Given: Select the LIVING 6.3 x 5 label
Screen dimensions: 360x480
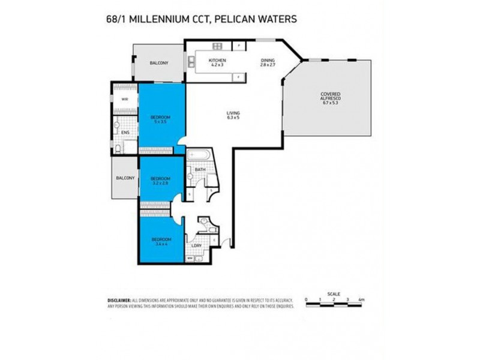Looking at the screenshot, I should point(233,115).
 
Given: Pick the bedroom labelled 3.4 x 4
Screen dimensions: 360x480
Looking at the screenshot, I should point(160,242).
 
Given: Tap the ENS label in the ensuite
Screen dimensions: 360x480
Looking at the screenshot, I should point(125,133).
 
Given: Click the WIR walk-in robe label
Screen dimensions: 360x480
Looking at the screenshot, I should point(125,99).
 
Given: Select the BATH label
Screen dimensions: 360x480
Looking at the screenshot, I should point(200,170).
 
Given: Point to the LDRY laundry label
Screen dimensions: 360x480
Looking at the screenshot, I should point(196,245).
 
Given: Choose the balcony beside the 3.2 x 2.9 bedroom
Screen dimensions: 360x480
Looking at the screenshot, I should point(125,178).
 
